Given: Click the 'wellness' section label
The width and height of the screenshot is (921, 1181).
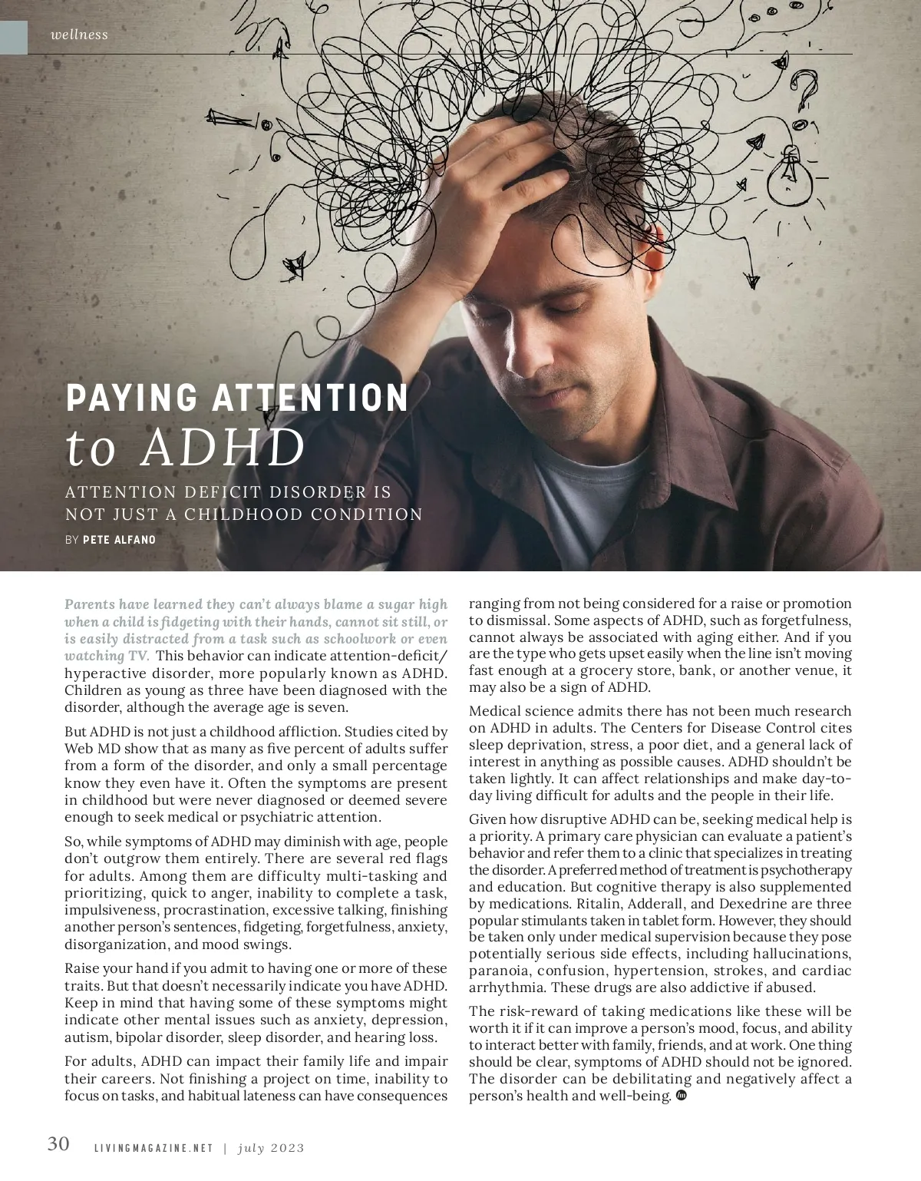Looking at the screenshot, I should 79,35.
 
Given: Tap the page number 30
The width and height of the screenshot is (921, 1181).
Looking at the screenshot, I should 58,1143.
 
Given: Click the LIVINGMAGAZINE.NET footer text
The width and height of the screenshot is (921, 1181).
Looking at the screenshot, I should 153,1149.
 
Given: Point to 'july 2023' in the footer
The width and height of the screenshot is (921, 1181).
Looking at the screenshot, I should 271,1149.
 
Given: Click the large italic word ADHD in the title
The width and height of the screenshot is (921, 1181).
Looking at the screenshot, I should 223,448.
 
